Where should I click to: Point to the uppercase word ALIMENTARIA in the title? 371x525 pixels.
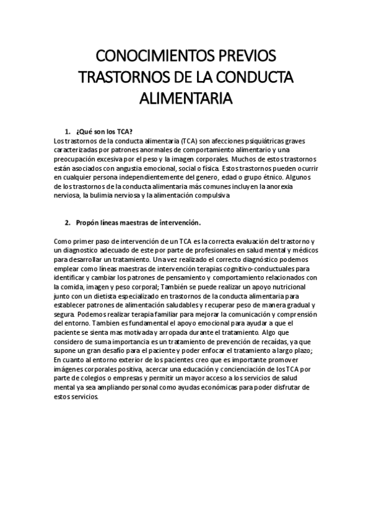point(185,98)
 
